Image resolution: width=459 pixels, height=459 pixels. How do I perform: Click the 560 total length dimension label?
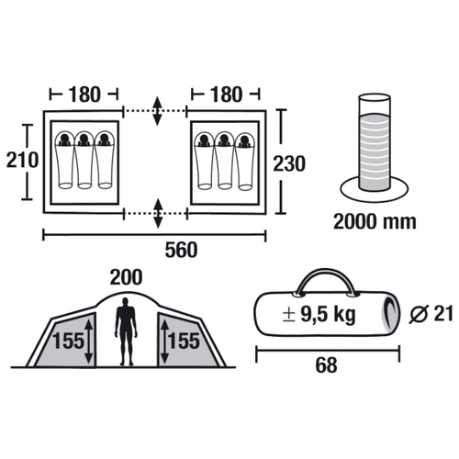click(181, 250)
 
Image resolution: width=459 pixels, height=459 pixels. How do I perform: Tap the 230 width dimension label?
click(289, 163)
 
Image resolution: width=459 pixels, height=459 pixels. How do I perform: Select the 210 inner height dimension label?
click(22, 160)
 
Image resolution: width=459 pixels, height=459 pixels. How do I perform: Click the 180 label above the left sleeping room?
click(84, 95)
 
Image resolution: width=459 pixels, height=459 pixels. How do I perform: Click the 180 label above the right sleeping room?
click(226, 95)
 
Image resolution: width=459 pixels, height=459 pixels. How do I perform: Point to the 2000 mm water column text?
click(375, 221)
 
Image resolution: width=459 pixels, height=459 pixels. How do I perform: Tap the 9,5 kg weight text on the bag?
click(328, 314)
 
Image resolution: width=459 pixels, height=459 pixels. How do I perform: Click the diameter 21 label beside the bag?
click(431, 314)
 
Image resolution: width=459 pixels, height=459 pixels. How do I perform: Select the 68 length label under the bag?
click(327, 365)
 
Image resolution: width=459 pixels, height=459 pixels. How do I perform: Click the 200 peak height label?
click(126, 277)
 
